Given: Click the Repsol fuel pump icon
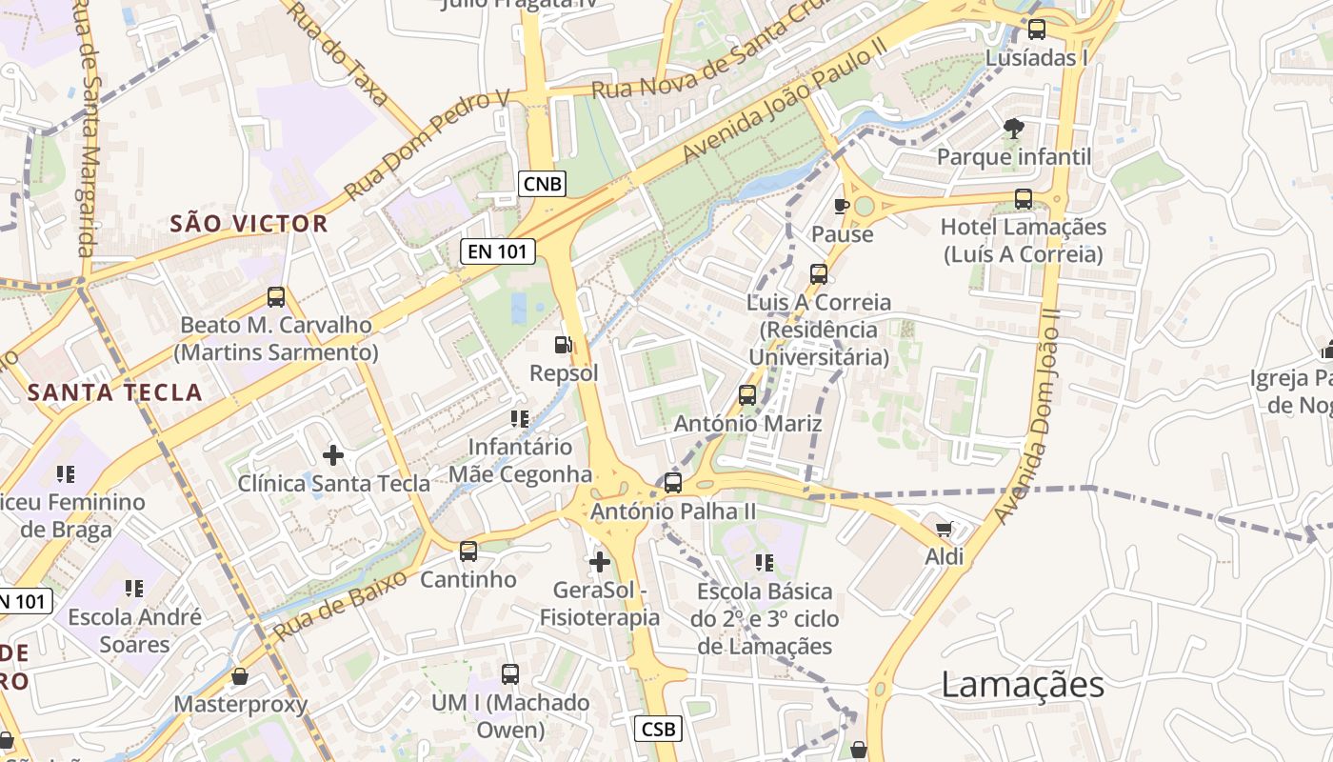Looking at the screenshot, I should pyautogui.click(x=564, y=345).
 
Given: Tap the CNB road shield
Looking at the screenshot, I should pyautogui.click(x=543, y=183).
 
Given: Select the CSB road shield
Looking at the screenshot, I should pyautogui.click(x=658, y=729).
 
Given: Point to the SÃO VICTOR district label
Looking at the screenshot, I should pyautogui.click(x=249, y=224).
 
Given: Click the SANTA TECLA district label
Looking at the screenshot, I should pyautogui.click(x=115, y=392).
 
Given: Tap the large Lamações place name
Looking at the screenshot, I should pyautogui.click(x=1023, y=685).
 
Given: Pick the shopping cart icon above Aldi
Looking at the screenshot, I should pyautogui.click(x=944, y=529).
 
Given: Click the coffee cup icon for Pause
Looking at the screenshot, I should pyautogui.click(x=842, y=206).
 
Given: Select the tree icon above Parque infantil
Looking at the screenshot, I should pyautogui.click(x=1013, y=128).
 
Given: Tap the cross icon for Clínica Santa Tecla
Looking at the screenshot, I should pyautogui.click(x=333, y=455).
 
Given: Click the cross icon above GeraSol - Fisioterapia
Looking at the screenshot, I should pyautogui.click(x=600, y=562).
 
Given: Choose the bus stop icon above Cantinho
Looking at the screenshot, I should pyautogui.click(x=468, y=551).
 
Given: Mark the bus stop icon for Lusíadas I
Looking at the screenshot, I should pyautogui.click(x=1037, y=30).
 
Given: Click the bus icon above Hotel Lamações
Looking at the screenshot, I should pyautogui.click(x=1024, y=199).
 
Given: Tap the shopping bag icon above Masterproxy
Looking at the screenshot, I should pyautogui.click(x=240, y=676).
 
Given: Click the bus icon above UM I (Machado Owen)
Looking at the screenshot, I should pyautogui.click(x=510, y=674).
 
